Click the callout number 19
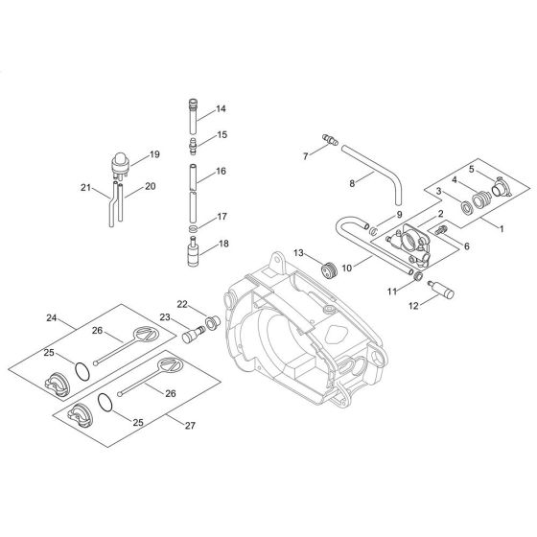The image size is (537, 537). (x=154, y=153)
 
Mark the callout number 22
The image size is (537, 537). (x=183, y=304)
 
